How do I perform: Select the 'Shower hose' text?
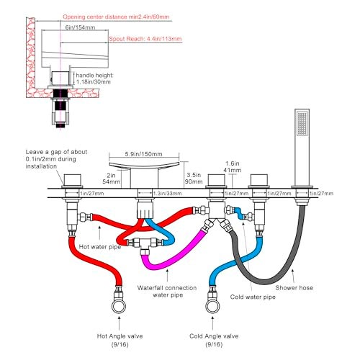pos(294,287)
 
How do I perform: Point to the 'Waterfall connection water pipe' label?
pos(167,291)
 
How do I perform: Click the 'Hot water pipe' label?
pos(100,247)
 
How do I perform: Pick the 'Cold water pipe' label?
pos(253,297)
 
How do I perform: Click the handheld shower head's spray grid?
pos(302,124)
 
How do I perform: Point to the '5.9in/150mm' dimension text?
pos(143,154)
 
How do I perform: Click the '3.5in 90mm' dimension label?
pos(193,179)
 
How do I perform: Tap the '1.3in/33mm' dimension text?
pos(167,194)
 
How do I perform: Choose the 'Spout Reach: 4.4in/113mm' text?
pos(145,39)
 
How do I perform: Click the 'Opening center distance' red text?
pos(116,17)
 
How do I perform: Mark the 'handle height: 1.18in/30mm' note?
pos(94,78)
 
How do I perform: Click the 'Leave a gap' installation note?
pos(56,159)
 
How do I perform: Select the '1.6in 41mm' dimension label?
pos(233,167)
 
